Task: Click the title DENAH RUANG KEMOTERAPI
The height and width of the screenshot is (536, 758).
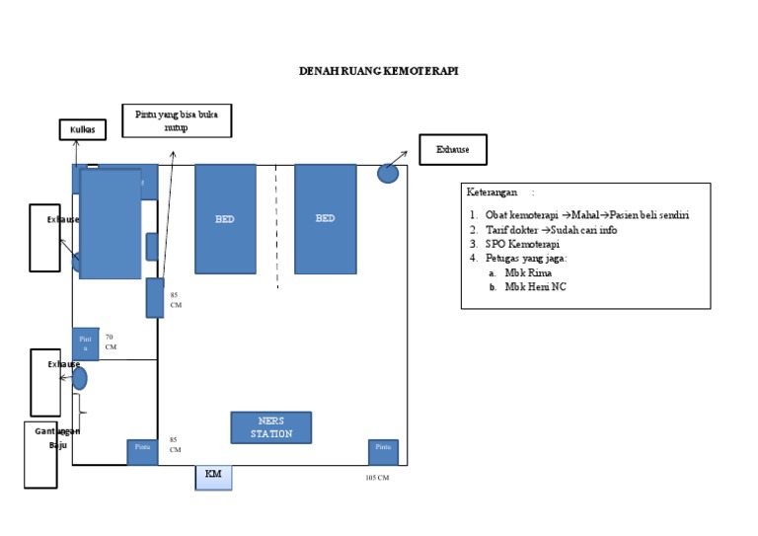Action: coord(379,72)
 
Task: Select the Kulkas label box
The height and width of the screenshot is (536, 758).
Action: coord(82,129)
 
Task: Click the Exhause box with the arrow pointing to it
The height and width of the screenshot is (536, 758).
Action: coord(453,150)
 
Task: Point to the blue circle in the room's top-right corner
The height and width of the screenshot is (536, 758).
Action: coord(389,173)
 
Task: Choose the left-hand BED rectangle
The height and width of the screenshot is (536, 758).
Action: coord(225,218)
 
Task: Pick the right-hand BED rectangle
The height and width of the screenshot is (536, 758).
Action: coord(325,218)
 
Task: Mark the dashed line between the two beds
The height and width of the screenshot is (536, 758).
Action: coord(276,227)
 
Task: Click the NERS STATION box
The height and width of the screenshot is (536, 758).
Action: coord(270,427)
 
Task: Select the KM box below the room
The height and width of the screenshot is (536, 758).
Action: coord(213,476)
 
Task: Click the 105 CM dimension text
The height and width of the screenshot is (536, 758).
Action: coord(377,478)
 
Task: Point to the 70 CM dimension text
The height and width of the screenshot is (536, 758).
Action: coord(111,342)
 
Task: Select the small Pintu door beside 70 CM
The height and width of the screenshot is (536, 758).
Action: coord(85,343)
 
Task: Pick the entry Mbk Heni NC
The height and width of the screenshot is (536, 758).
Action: coord(535,287)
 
